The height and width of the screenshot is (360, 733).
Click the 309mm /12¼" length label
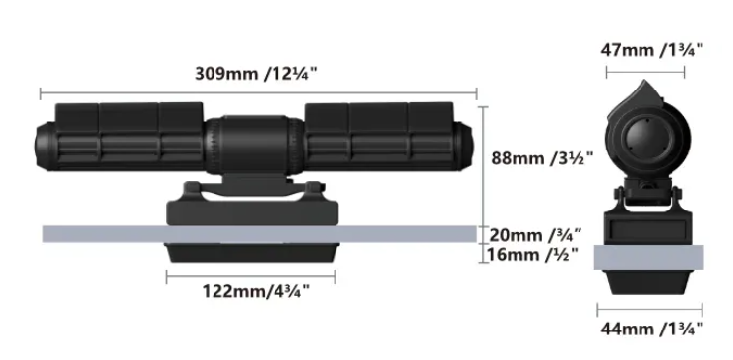256,74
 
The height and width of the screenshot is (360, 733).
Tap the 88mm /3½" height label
542,158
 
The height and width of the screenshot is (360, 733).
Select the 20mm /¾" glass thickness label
535,235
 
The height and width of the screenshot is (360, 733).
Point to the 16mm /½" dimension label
532,255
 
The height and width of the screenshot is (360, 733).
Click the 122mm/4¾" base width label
256,291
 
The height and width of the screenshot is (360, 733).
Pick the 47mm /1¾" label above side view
651,49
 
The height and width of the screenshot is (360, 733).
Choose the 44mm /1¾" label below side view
651,329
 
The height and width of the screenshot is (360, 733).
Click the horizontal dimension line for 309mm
259,93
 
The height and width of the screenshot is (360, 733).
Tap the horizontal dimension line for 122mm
251,277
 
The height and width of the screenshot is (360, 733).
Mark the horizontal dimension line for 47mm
645,72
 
